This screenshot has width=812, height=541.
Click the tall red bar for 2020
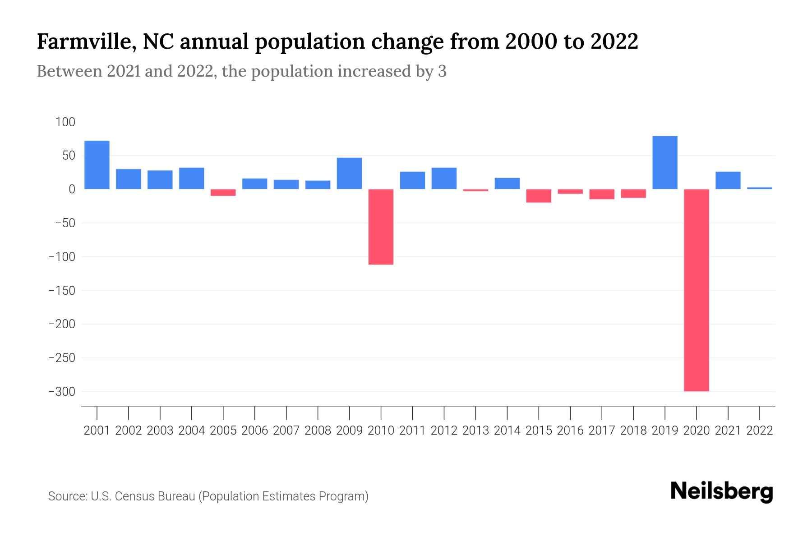[x=696, y=290]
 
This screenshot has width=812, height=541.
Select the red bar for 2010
[x=381, y=227]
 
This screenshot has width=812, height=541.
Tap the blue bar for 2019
[x=664, y=162]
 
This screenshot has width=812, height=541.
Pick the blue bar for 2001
[x=97, y=165]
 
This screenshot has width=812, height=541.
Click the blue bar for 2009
[x=349, y=173]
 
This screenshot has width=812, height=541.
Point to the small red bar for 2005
[x=223, y=193]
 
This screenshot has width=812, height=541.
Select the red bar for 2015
[x=538, y=196]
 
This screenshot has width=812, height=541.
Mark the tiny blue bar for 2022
[x=759, y=188]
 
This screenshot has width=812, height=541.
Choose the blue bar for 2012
[x=444, y=179]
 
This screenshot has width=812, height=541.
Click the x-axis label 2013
[x=475, y=431]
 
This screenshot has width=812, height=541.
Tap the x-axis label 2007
[x=286, y=431]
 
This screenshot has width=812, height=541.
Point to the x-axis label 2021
[x=728, y=431]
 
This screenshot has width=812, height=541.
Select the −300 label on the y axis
[x=62, y=392]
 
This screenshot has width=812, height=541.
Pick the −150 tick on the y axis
[x=62, y=291]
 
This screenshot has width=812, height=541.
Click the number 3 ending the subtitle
[x=442, y=72]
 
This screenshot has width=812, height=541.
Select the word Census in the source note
[x=131, y=496]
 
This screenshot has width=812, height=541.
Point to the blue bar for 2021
[x=728, y=180]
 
